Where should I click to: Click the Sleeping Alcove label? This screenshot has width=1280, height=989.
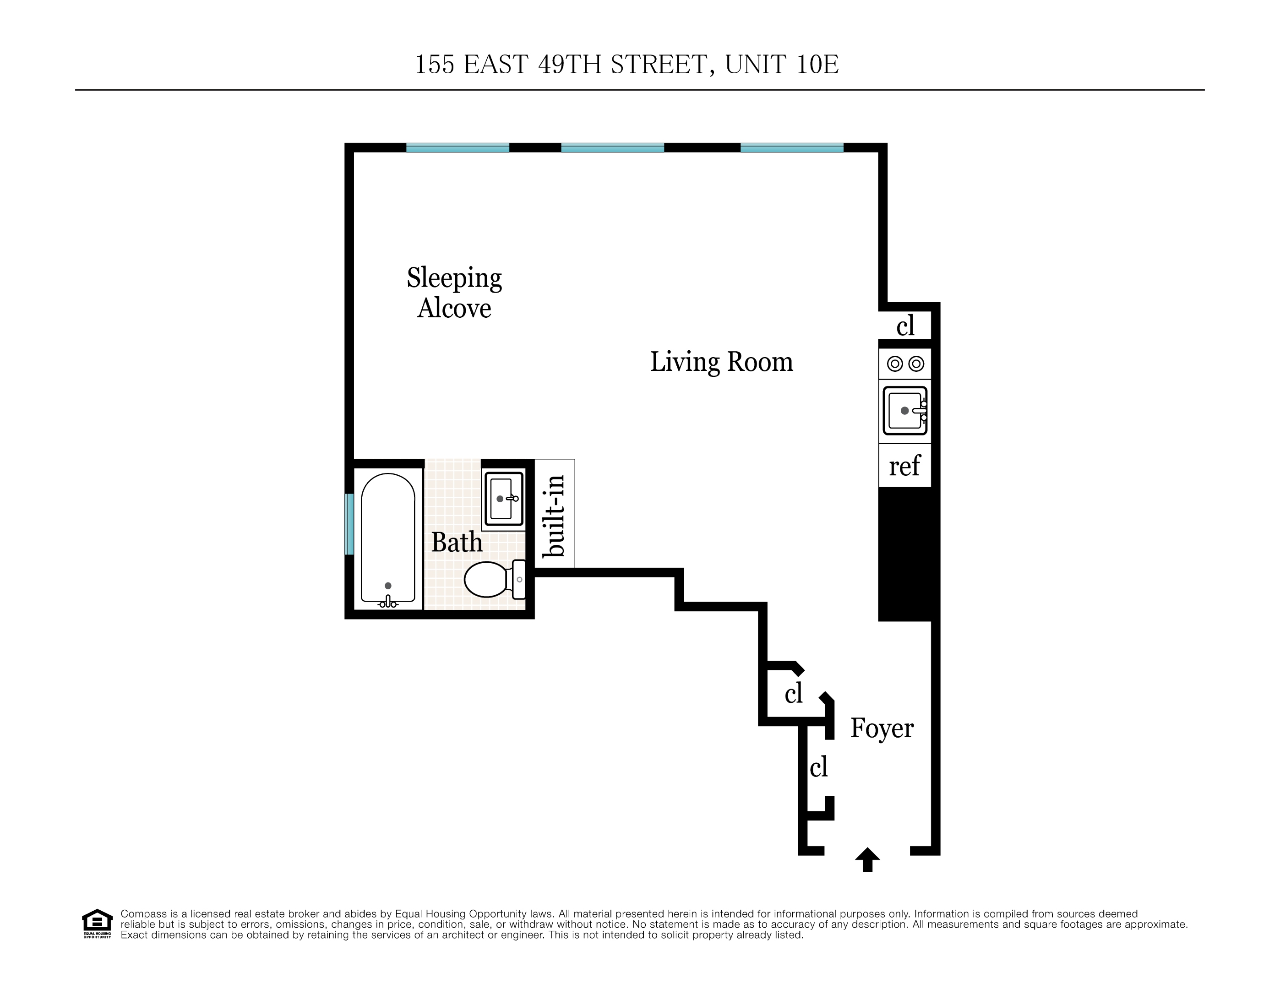point(454,293)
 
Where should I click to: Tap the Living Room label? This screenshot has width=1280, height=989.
point(721,362)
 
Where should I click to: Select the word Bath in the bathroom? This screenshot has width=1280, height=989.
point(457,542)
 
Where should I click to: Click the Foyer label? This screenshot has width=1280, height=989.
point(882,728)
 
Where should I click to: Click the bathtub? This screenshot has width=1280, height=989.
point(388,536)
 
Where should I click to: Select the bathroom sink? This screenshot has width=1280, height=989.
point(503,499)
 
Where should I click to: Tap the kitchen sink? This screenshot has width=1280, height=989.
point(904,411)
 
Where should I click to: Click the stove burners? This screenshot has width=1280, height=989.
point(905,364)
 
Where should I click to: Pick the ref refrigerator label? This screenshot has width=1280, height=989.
point(904,467)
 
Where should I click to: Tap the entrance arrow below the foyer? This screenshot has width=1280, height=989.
point(867,859)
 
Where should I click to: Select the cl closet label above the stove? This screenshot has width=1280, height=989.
point(905,326)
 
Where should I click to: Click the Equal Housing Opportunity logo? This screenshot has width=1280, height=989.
point(97,924)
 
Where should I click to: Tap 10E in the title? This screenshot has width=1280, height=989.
point(817,65)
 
